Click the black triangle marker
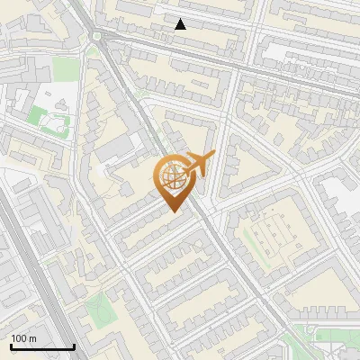180,24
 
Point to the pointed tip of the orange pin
173,211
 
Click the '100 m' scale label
23,338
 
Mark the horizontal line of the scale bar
42,346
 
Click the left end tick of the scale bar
11,345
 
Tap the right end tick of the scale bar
74,345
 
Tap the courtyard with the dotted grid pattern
269,237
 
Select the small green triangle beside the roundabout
92,52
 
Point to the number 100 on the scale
19,338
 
